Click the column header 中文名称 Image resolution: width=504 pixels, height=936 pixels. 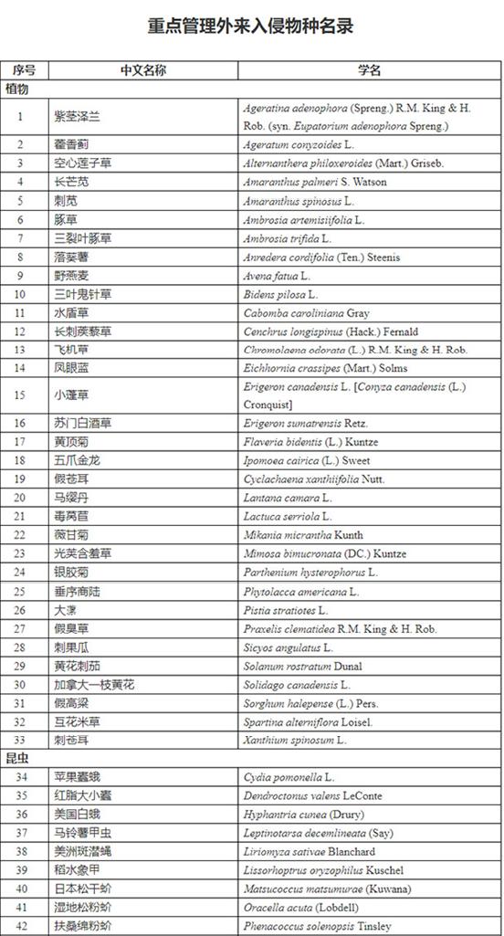tap(142, 70)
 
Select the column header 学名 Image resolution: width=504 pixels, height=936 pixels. tap(369, 70)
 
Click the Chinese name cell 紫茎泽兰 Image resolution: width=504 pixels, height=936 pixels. tap(77, 116)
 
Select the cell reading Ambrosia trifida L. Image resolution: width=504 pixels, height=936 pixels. tap(291, 238)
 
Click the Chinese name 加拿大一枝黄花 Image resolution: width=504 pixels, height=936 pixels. tap(94, 684)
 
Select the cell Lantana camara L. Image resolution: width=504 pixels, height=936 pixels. tap(287, 498)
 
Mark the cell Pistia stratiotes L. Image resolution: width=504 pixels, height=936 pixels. tap(285, 610)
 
